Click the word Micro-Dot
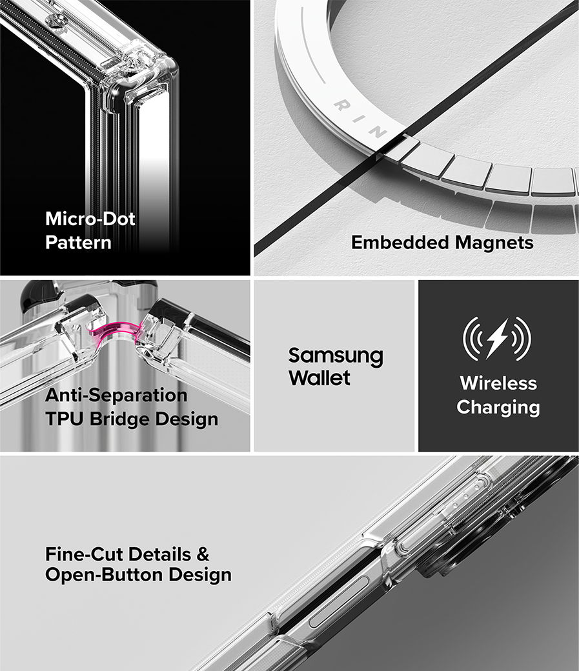90,219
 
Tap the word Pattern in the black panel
78,243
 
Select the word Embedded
400,242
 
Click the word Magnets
494,242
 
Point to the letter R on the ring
342,105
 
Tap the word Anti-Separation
116,395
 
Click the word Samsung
336,356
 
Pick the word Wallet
320,377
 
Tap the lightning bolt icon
497,339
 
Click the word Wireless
498,383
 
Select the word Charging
498,407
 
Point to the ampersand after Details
203,554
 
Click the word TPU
65,419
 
